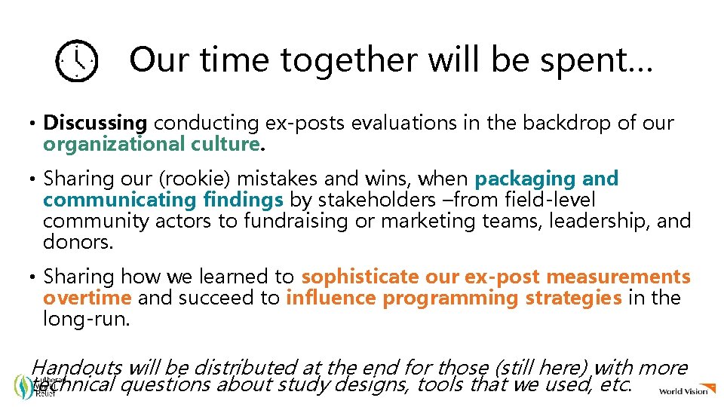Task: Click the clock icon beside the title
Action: click(x=76, y=62)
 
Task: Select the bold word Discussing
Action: click(x=95, y=123)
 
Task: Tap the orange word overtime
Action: click(x=87, y=298)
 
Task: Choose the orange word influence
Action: click(x=332, y=298)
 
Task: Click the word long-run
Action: click(x=87, y=319)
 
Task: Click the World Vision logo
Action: click(x=683, y=390)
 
